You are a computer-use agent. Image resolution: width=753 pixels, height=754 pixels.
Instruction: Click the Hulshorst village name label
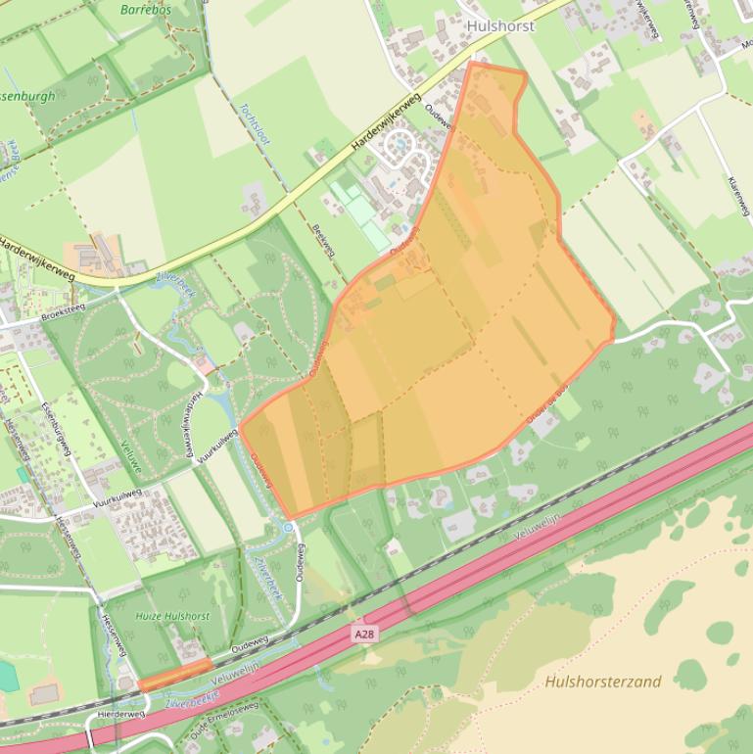[x=500, y=26]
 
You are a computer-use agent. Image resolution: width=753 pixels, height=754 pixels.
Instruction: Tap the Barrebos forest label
[x=146, y=10]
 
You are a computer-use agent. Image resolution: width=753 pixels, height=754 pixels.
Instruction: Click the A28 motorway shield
[x=364, y=636]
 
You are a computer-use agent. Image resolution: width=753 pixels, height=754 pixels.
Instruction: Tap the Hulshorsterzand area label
[x=603, y=682]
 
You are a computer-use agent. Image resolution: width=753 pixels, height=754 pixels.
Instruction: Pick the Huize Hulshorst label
[x=173, y=616]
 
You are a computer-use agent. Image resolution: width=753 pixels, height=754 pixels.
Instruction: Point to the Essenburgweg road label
[x=58, y=430]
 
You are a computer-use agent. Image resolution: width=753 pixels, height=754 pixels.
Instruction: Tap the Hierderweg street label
[x=121, y=715]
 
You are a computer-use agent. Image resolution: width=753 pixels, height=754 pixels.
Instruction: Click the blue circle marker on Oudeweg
[x=288, y=527]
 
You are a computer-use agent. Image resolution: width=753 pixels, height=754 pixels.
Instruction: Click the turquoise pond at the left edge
[x=5, y=676]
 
